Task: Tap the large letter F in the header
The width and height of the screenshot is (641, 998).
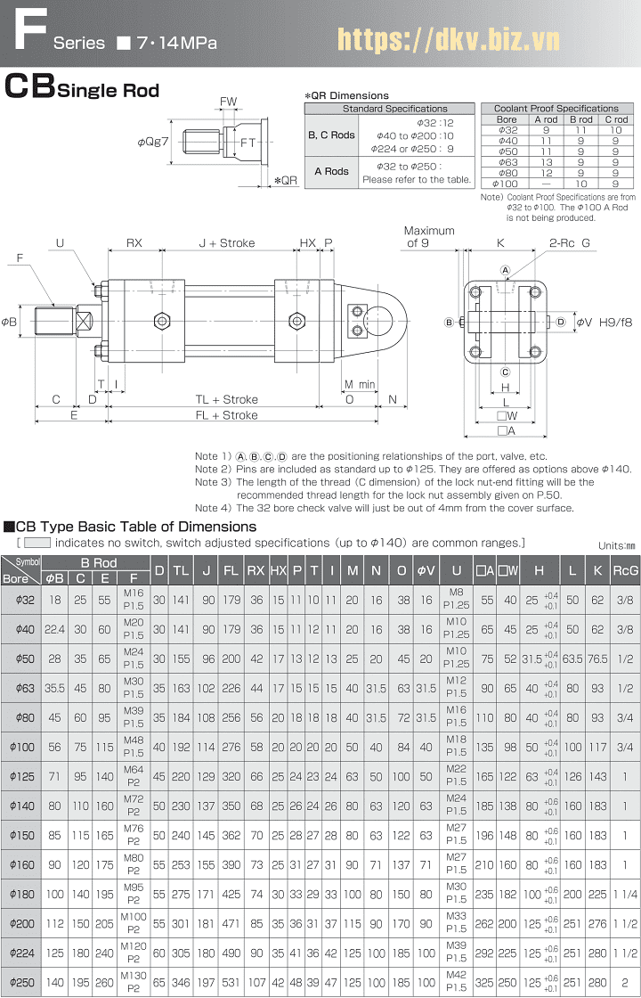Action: pyautogui.click(x=31, y=29)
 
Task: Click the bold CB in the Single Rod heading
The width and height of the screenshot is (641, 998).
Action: pyautogui.click(x=30, y=87)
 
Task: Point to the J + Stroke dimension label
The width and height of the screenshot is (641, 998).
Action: pyautogui.click(x=226, y=242)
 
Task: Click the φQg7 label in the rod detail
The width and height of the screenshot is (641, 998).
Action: pyautogui.click(x=153, y=142)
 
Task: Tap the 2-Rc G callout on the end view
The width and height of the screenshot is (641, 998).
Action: pyautogui.click(x=570, y=242)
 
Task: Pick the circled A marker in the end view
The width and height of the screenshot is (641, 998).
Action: pyautogui.click(x=505, y=270)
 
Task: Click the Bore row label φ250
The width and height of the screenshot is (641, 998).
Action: pyautogui.click(x=24, y=983)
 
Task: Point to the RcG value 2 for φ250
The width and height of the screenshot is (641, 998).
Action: pyautogui.click(x=626, y=983)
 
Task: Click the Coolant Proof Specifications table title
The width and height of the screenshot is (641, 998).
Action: pyautogui.click(x=556, y=108)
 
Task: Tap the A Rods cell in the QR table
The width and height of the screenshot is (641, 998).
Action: pyautogui.click(x=331, y=171)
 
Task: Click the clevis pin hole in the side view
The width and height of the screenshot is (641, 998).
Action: pyautogui.click(x=385, y=320)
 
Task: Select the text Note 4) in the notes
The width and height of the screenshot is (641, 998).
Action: pyautogui.click(x=213, y=508)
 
